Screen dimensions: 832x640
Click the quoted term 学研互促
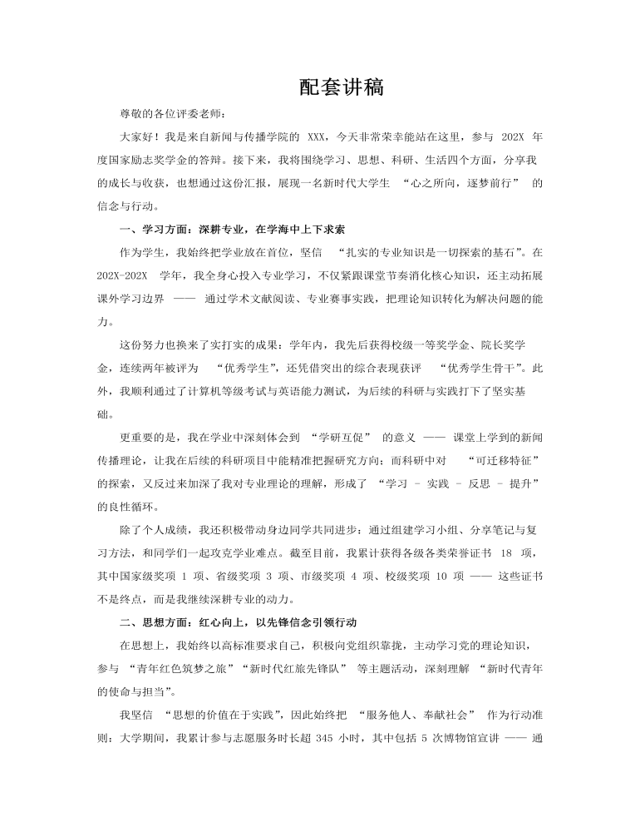click(x=344, y=437)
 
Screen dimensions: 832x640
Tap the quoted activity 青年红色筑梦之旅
click(x=183, y=667)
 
